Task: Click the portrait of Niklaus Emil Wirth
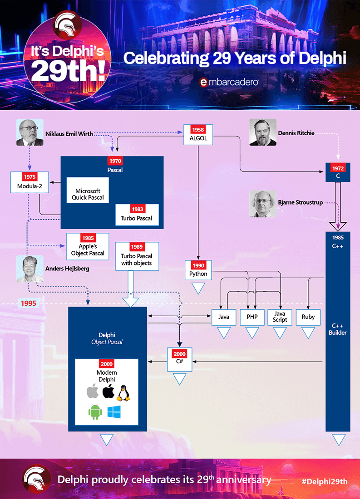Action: (x=30, y=132)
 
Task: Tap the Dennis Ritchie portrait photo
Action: (x=263, y=132)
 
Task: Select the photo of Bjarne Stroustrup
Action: (x=263, y=204)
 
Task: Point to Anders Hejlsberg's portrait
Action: (x=30, y=269)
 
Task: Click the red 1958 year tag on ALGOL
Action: (x=198, y=130)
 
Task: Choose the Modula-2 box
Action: (x=30, y=182)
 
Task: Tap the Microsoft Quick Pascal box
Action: (x=88, y=191)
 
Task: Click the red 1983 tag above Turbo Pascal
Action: (x=137, y=209)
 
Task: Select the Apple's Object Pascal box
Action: (x=88, y=246)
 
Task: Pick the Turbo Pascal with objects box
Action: (x=137, y=256)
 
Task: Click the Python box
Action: (x=198, y=270)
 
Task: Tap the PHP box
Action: (x=252, y=317)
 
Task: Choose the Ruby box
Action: (x=308, y=317)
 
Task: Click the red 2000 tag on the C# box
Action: (x=180, y=354)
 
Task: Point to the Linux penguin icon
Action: (x=123, y=393)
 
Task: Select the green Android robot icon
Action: (x=95, y=412)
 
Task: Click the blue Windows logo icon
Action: (x=114, y=412)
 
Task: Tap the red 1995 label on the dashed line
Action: (x=28, y=303)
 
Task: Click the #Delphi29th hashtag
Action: (x=325, y=481)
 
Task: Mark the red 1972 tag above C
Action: (x=338, y=168)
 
